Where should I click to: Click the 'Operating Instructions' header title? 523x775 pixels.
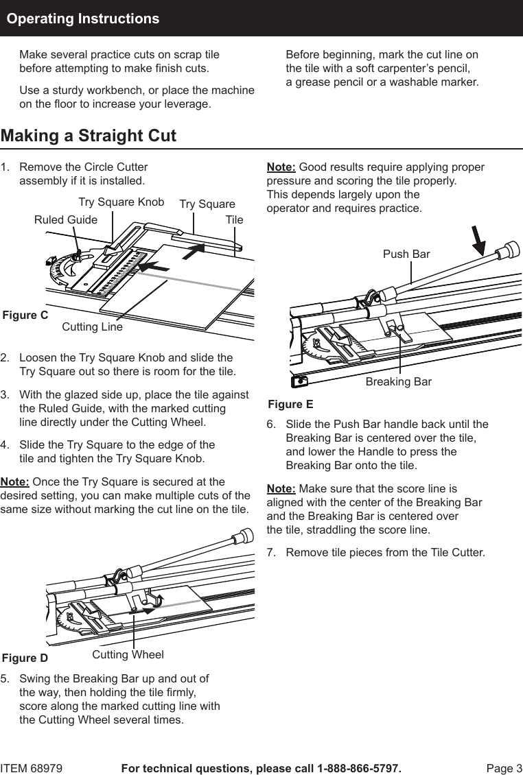83,19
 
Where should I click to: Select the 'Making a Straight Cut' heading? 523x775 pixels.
89,136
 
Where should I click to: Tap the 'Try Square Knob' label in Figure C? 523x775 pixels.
121,202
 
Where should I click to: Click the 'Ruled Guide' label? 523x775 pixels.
66,220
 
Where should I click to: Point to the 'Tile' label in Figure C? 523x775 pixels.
235,220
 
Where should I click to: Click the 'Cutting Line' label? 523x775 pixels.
92,327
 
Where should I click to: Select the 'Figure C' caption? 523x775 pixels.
25,315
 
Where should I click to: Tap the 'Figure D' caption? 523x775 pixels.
25,658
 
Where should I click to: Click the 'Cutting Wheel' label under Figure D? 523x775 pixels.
128,654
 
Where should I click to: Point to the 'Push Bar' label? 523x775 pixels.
406,254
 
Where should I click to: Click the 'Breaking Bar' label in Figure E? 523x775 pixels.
399,381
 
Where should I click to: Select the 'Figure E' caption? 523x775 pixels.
290,405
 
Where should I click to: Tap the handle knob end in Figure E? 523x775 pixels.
509,250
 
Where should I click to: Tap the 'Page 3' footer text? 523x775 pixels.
504,768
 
